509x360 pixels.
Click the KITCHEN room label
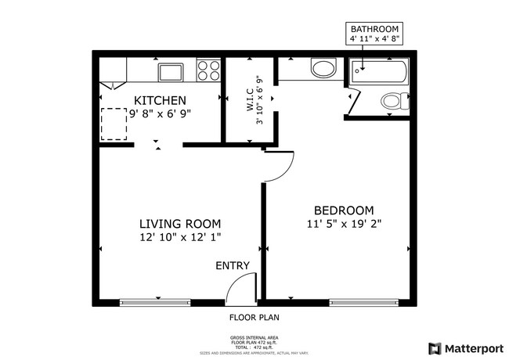point(160,100)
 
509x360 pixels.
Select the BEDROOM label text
point(343,210)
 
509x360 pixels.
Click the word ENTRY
point(233,266)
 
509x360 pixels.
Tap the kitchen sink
point(171,73)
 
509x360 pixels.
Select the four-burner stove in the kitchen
point(208,72)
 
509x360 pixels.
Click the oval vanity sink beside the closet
point(323,69)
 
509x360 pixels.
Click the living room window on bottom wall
point(155,301)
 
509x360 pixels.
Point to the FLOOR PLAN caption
point(254,318)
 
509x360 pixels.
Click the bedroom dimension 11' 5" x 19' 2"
point(344,224)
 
